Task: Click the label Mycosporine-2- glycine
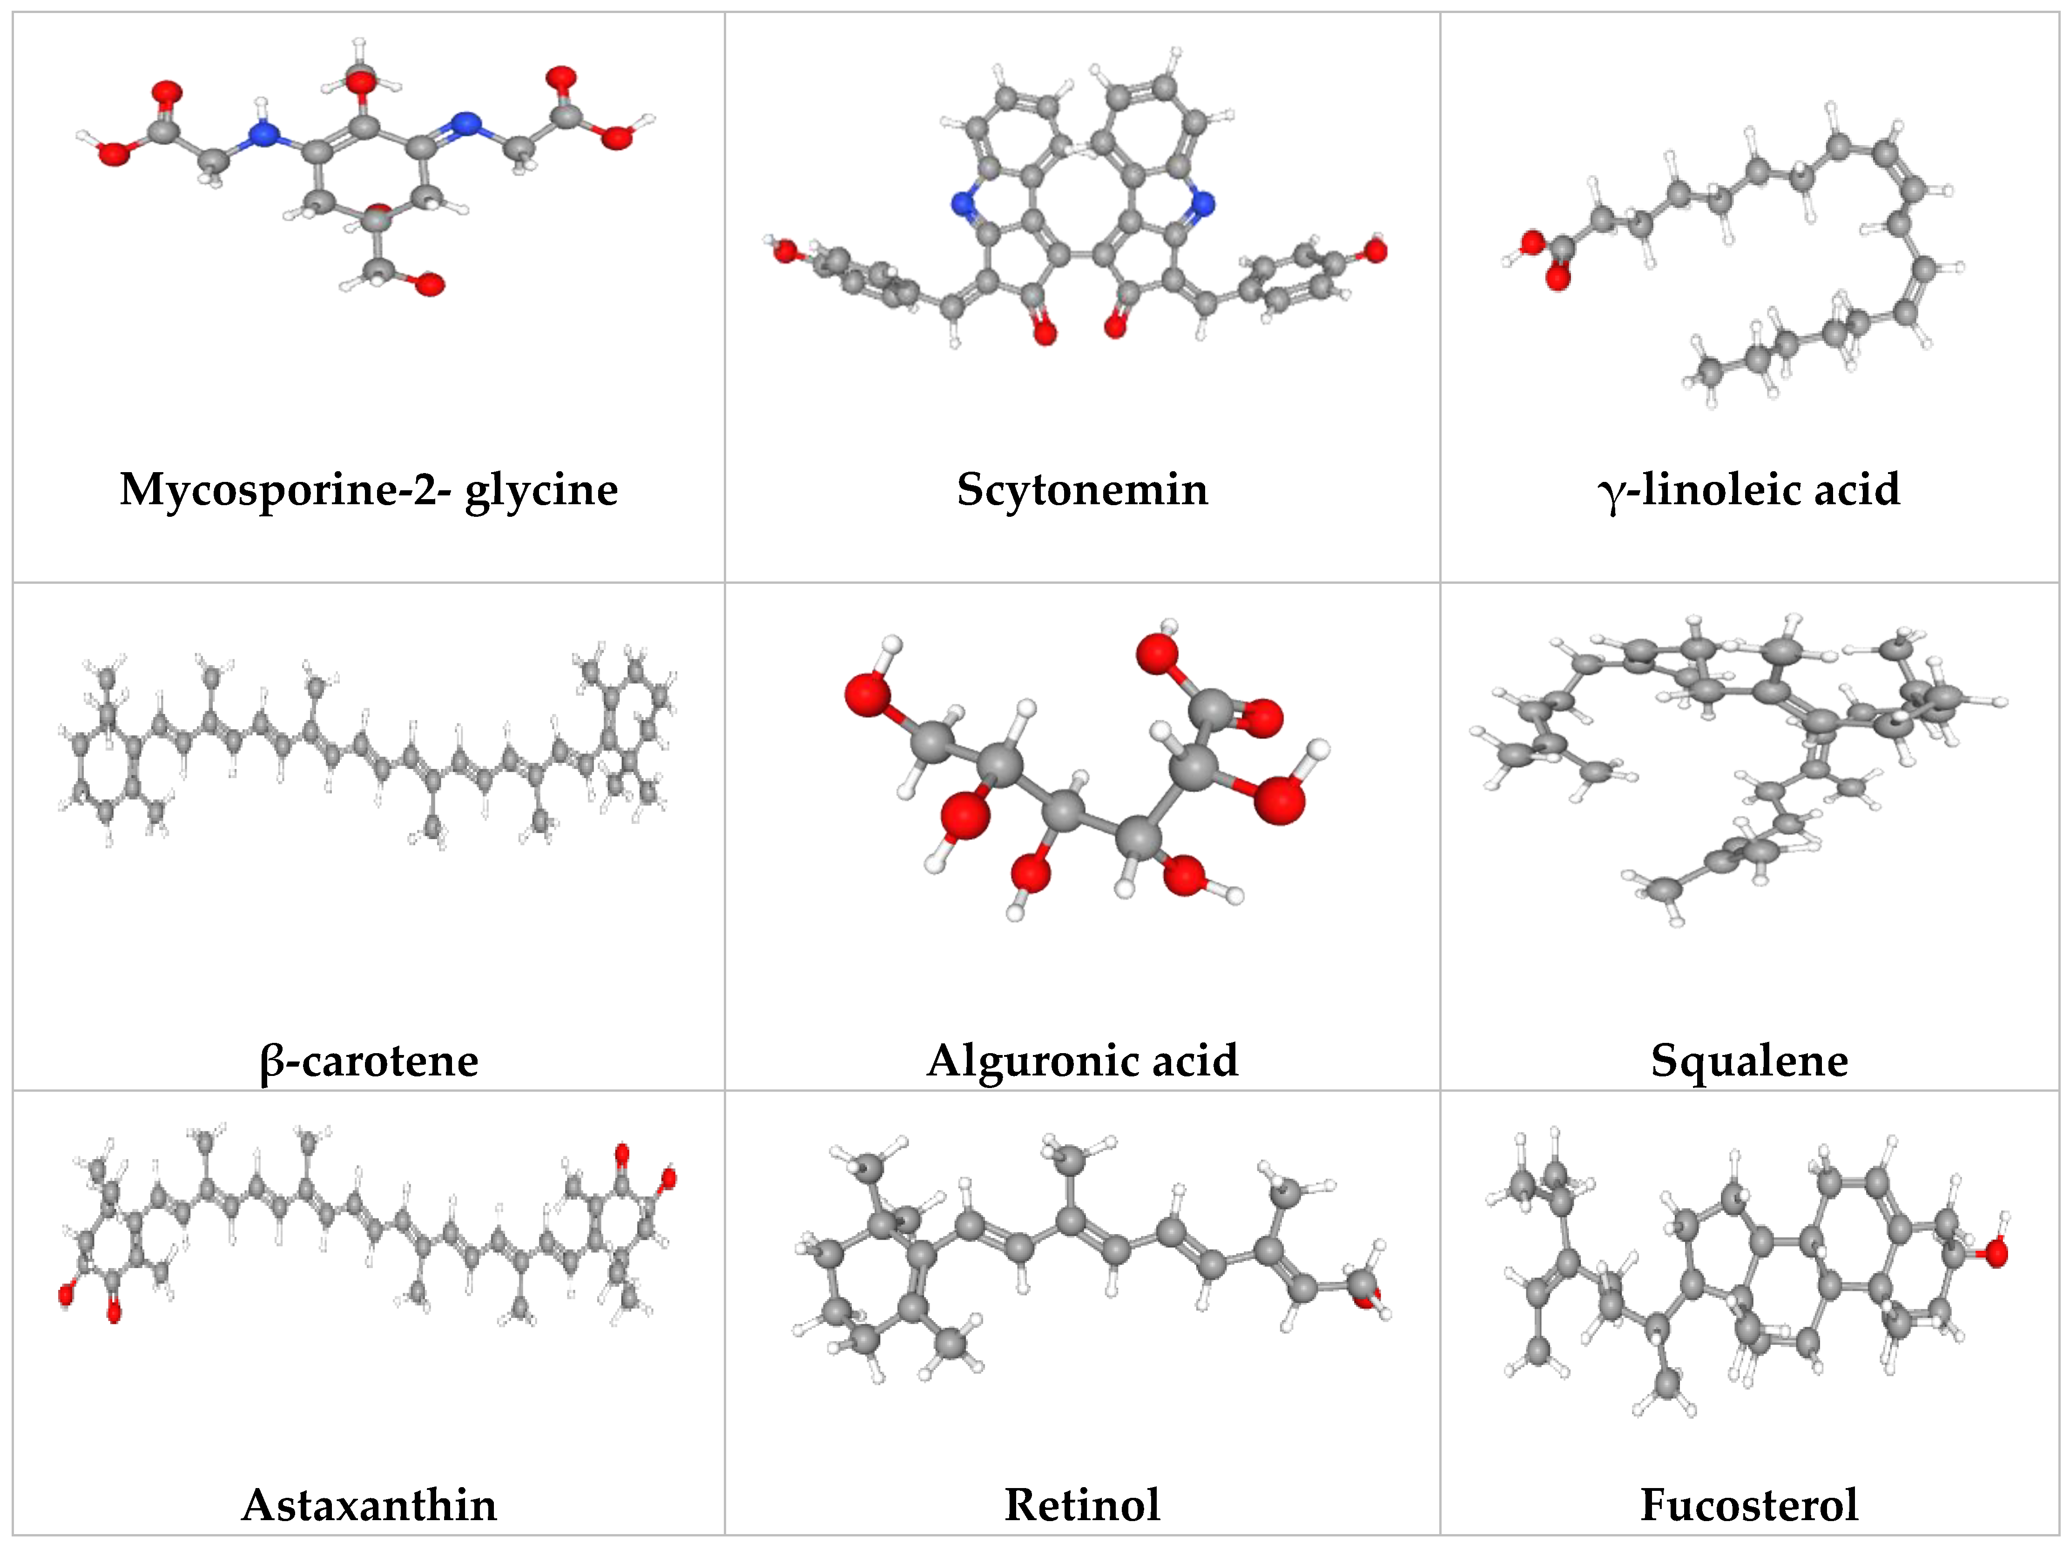point(369,489)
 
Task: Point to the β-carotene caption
point(369,1060)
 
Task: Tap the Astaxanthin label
point(369,1504)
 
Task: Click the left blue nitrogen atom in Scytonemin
point(963,203)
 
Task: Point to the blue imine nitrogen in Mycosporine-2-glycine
point(465,123)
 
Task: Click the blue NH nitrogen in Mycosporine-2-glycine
point(265,137)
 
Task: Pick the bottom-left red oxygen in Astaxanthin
point(66,1295)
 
